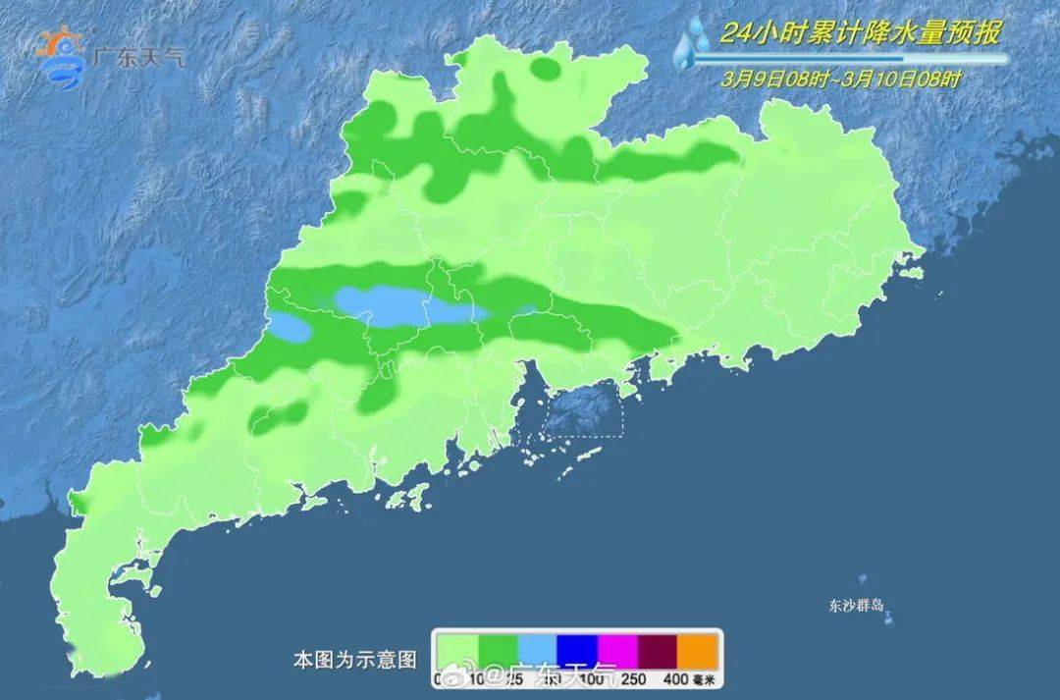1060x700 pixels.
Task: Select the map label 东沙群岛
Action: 856,606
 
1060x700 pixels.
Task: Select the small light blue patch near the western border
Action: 290,327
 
